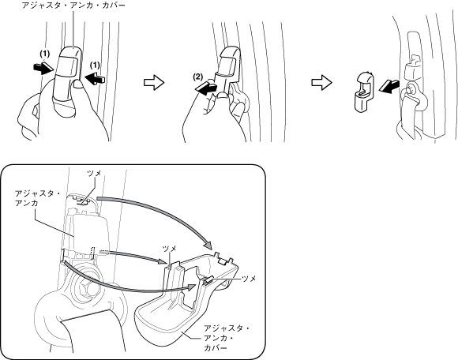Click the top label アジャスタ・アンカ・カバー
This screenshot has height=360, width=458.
(73, 5)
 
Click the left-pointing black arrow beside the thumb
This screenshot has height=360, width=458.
(94, 79)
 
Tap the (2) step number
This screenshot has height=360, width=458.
(197, 77)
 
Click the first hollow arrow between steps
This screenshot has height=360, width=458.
(154, 83)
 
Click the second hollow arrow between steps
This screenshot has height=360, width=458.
(321, 83)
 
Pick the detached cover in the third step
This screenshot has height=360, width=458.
(365, 91)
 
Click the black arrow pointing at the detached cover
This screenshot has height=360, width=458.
(389, 86)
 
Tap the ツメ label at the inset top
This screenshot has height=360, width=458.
(94, 173)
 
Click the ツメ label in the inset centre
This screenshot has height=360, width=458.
(170, 249)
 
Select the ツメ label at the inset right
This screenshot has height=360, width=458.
(250, 279)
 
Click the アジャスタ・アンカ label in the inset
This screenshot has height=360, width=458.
(38, 198)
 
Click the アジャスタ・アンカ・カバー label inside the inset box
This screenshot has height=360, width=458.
(227, 338)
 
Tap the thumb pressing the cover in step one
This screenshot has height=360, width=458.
(77, 84)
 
